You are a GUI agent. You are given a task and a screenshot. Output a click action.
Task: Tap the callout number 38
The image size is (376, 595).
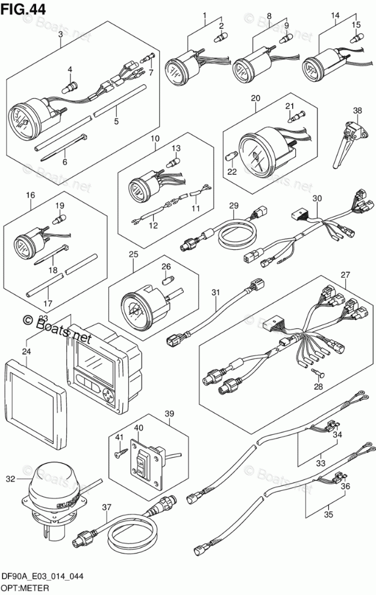tap(358, 110)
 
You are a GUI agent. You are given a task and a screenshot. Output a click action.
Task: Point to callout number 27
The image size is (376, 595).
tap(345, 275)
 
